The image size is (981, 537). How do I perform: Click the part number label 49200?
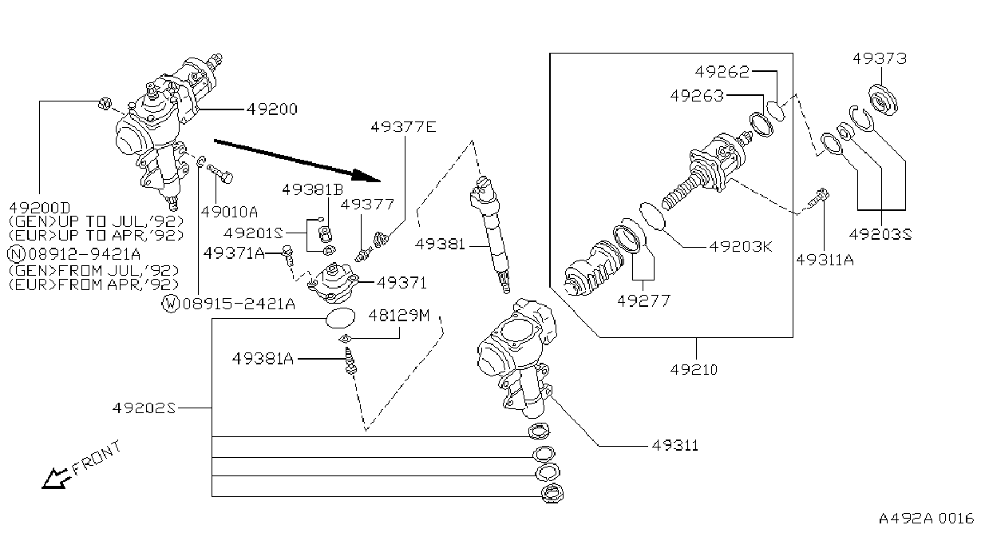tap(272, 109)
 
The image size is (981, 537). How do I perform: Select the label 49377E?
tap(403, 127)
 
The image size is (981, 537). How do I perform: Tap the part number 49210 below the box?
tap(694, 369)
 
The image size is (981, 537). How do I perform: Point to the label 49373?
tap(880, 58)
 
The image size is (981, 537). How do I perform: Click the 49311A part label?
tap(825, 260)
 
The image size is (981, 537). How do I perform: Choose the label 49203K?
tap(741, 246)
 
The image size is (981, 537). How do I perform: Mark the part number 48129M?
tap(399, 315)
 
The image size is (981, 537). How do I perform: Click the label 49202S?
tap(144, 408)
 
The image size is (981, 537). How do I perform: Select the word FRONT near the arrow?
tap(97, 458)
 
